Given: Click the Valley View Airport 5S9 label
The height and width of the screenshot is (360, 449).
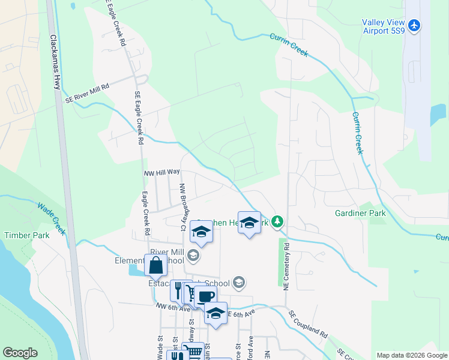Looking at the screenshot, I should pyautogui.click(x=385, y=28).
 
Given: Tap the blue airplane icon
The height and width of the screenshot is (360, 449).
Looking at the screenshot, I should pyautogui.click(x=414, y=26).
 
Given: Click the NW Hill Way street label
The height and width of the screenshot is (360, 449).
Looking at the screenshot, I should pyautogui.click(x=162, y=172).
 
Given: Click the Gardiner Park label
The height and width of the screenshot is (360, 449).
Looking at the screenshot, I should pyautogui.click(x=360, y=213).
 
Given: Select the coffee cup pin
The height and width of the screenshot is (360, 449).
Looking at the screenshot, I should pyautogui.click(x=205, y=296).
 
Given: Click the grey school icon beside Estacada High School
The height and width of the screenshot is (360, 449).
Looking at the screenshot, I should pyautogui.click(x=239, y=282).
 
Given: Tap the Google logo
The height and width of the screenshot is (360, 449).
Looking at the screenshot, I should pyautogui.click(x=20, y=353).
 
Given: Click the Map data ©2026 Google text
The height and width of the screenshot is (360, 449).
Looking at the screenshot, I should pyautogui.click(x=411, y=355).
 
